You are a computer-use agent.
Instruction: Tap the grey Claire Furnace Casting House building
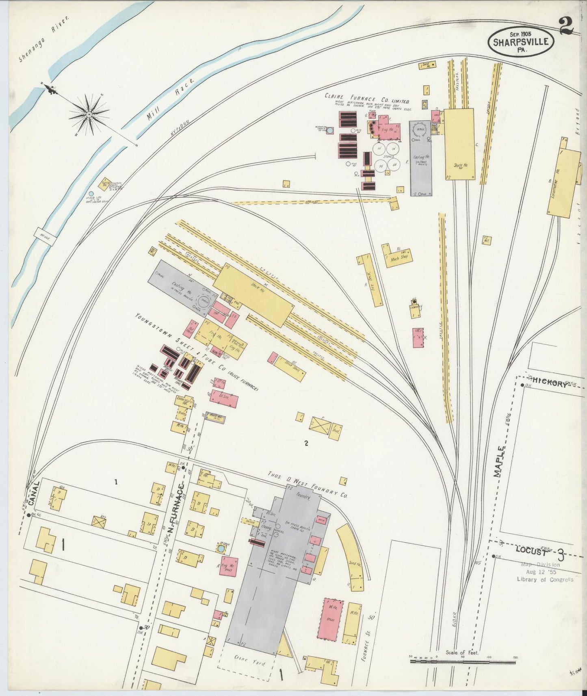click(x=420, y=158)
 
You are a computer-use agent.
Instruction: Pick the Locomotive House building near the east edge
click(x=563, y=182)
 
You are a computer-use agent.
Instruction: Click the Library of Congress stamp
click(x=544, y=573)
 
